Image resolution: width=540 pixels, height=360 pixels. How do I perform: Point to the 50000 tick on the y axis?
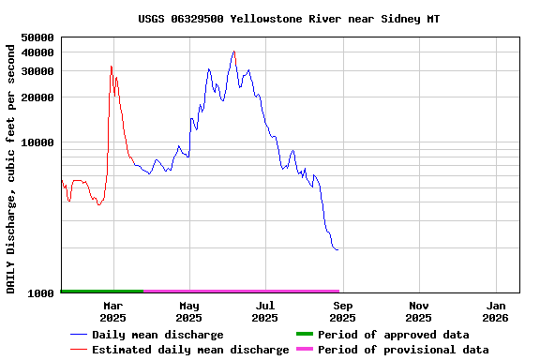38,37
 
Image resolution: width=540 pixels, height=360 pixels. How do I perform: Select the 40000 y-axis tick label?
38,52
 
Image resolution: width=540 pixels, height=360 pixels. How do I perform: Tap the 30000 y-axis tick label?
38,71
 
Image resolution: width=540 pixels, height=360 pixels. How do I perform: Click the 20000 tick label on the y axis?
38,97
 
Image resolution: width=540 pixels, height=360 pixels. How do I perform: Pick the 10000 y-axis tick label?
38,143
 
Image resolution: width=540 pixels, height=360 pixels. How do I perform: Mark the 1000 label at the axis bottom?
42,293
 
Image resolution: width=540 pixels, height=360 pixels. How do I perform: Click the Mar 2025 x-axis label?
112,311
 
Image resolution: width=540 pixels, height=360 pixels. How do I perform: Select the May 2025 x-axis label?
189,311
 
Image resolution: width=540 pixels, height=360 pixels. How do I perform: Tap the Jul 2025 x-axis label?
265,311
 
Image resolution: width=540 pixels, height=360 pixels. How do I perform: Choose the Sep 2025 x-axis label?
343,311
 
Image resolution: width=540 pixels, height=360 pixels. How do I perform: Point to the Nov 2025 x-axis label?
419,311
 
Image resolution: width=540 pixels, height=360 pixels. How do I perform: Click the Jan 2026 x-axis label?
496,311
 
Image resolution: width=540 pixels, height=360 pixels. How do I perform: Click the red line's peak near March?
112,66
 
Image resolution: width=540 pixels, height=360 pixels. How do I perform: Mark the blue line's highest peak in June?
233,52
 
